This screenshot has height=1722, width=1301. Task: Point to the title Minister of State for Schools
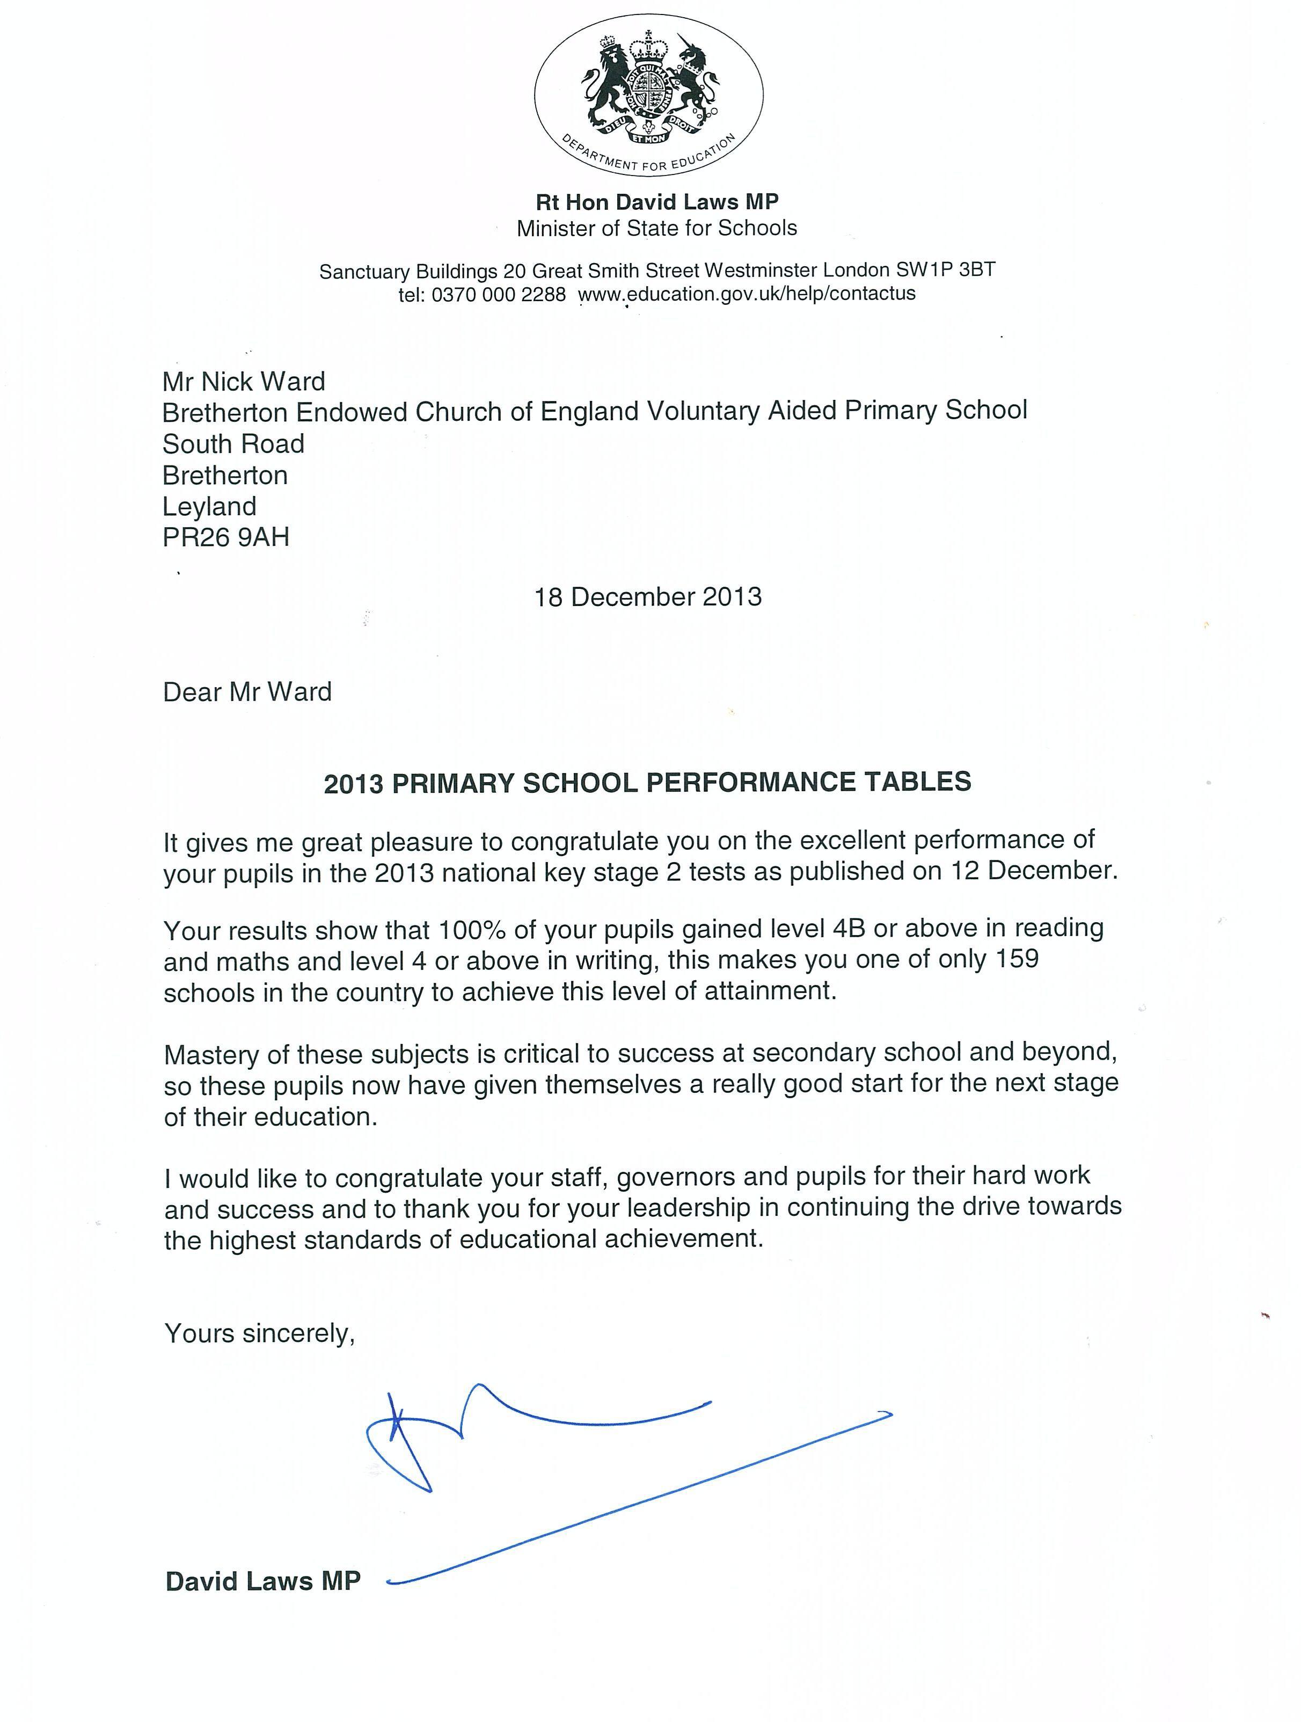click(656, 228)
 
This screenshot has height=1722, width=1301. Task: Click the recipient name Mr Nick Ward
click(244, 382)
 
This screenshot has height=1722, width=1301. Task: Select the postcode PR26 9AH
click(226, 537)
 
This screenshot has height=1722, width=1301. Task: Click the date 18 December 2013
click(648, 596)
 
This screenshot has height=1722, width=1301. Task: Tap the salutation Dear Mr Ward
click(247, 691)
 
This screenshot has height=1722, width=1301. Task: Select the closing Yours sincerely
click(259, 1333)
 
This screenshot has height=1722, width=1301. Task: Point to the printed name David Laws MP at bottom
click(263, 1581)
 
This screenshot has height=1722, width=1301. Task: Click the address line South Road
click(233, 444)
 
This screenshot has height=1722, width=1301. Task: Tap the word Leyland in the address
click(209, 506)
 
